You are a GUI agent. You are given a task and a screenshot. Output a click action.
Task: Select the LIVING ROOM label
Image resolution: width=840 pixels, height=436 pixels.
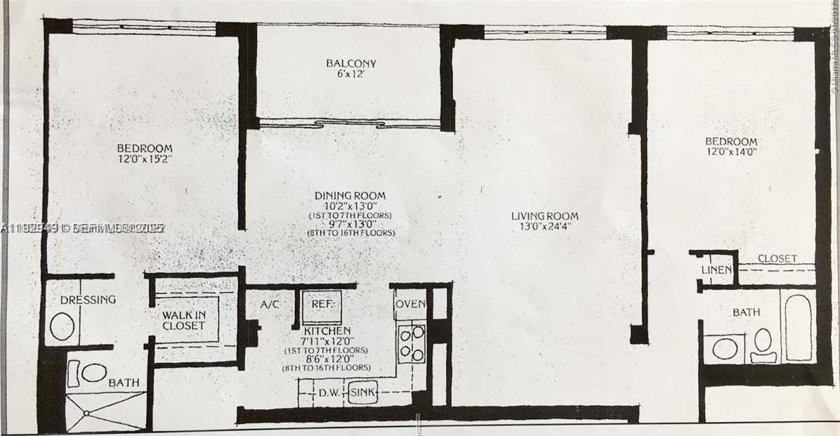545,216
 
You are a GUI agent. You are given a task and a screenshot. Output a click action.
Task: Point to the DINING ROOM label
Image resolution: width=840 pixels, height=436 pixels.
349,195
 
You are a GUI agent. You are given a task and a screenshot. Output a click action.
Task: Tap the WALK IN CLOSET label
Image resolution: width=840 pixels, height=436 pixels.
183,320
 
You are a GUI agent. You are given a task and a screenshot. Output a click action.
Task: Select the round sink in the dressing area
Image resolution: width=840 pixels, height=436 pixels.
63,327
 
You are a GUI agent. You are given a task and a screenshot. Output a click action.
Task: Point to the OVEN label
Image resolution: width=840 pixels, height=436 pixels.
410,305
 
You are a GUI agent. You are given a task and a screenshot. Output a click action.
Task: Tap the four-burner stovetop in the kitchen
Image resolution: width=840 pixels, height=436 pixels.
411,343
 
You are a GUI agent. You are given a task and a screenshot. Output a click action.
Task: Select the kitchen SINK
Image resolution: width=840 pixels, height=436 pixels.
363,393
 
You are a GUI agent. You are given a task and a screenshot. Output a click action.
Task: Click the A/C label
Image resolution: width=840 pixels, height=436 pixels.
270,305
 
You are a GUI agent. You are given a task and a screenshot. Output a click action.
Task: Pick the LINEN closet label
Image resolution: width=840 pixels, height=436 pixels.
717,270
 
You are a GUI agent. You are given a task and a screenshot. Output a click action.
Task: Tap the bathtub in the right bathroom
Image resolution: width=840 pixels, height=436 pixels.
799,326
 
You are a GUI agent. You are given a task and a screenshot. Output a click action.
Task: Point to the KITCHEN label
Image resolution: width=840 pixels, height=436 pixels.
327,330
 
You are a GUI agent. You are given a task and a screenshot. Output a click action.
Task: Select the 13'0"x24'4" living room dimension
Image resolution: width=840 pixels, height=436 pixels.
545,227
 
